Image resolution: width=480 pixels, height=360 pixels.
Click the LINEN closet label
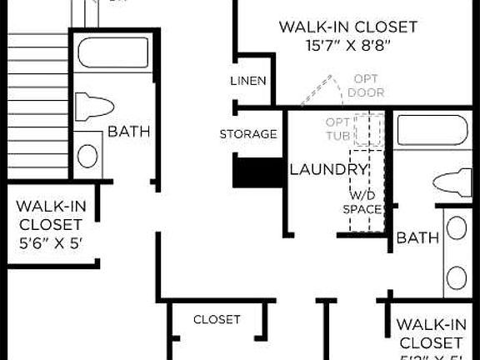[248, 81]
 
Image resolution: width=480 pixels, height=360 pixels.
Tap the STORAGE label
[248, 134]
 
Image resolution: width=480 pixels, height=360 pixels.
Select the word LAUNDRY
[328, 170]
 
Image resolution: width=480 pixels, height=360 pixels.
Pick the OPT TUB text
[338, 129]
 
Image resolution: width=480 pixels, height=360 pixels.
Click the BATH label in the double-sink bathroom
[417, 238]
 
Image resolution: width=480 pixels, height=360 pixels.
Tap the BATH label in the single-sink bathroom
[128, 131]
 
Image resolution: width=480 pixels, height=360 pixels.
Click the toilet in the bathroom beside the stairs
[93, 106]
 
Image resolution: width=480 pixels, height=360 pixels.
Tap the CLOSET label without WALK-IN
[217, 319]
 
